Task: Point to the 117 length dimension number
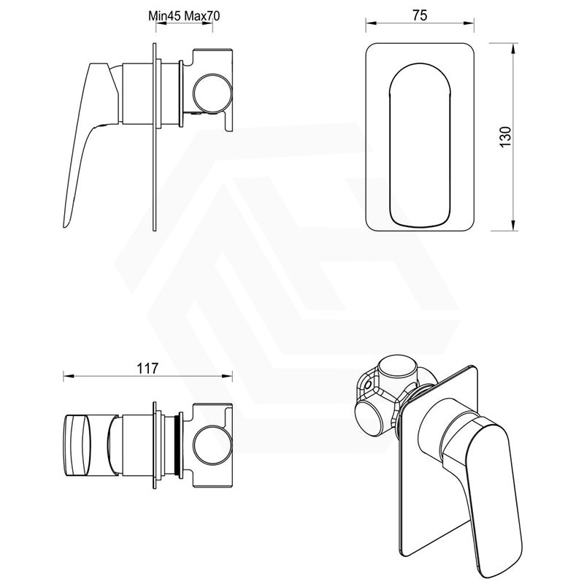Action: [x=147, y=369]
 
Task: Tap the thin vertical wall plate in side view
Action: [x=154, y=139]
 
